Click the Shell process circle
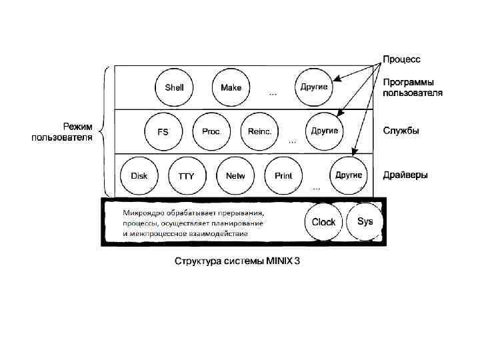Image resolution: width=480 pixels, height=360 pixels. [174, 87]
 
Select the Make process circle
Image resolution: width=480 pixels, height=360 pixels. [231, 87]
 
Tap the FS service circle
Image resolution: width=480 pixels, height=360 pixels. [163, 131]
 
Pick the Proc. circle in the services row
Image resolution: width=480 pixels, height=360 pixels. [211, 131]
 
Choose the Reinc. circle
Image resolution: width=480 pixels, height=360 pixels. [259, 131]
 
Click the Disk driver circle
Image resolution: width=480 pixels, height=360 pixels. [139, 176]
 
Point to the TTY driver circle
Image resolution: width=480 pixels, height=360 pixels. [186, 177]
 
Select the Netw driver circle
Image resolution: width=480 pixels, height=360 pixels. [235, 176]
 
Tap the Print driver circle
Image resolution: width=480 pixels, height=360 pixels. [283, 176]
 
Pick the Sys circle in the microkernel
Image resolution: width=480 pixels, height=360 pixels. [365, 221]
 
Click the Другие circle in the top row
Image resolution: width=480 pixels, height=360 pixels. [313, 87]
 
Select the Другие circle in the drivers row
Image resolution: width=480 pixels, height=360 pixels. [349, 175]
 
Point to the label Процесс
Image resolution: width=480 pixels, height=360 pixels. [401, 59]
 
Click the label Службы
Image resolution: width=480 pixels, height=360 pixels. [401, 131]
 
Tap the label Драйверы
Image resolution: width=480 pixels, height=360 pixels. [405, 175]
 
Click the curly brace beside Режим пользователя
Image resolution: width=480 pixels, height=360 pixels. [103, 127]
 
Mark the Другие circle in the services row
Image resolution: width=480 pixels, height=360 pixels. [324, 130]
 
